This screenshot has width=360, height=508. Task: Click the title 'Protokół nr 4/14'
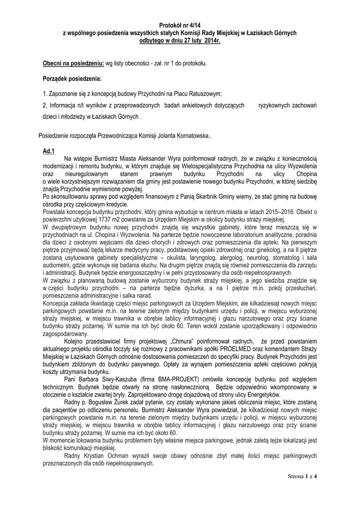click(x=180, y=24)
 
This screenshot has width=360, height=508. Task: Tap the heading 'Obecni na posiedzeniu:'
click(x=73, y=64)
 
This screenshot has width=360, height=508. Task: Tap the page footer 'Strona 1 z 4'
click(x=302, y=477)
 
